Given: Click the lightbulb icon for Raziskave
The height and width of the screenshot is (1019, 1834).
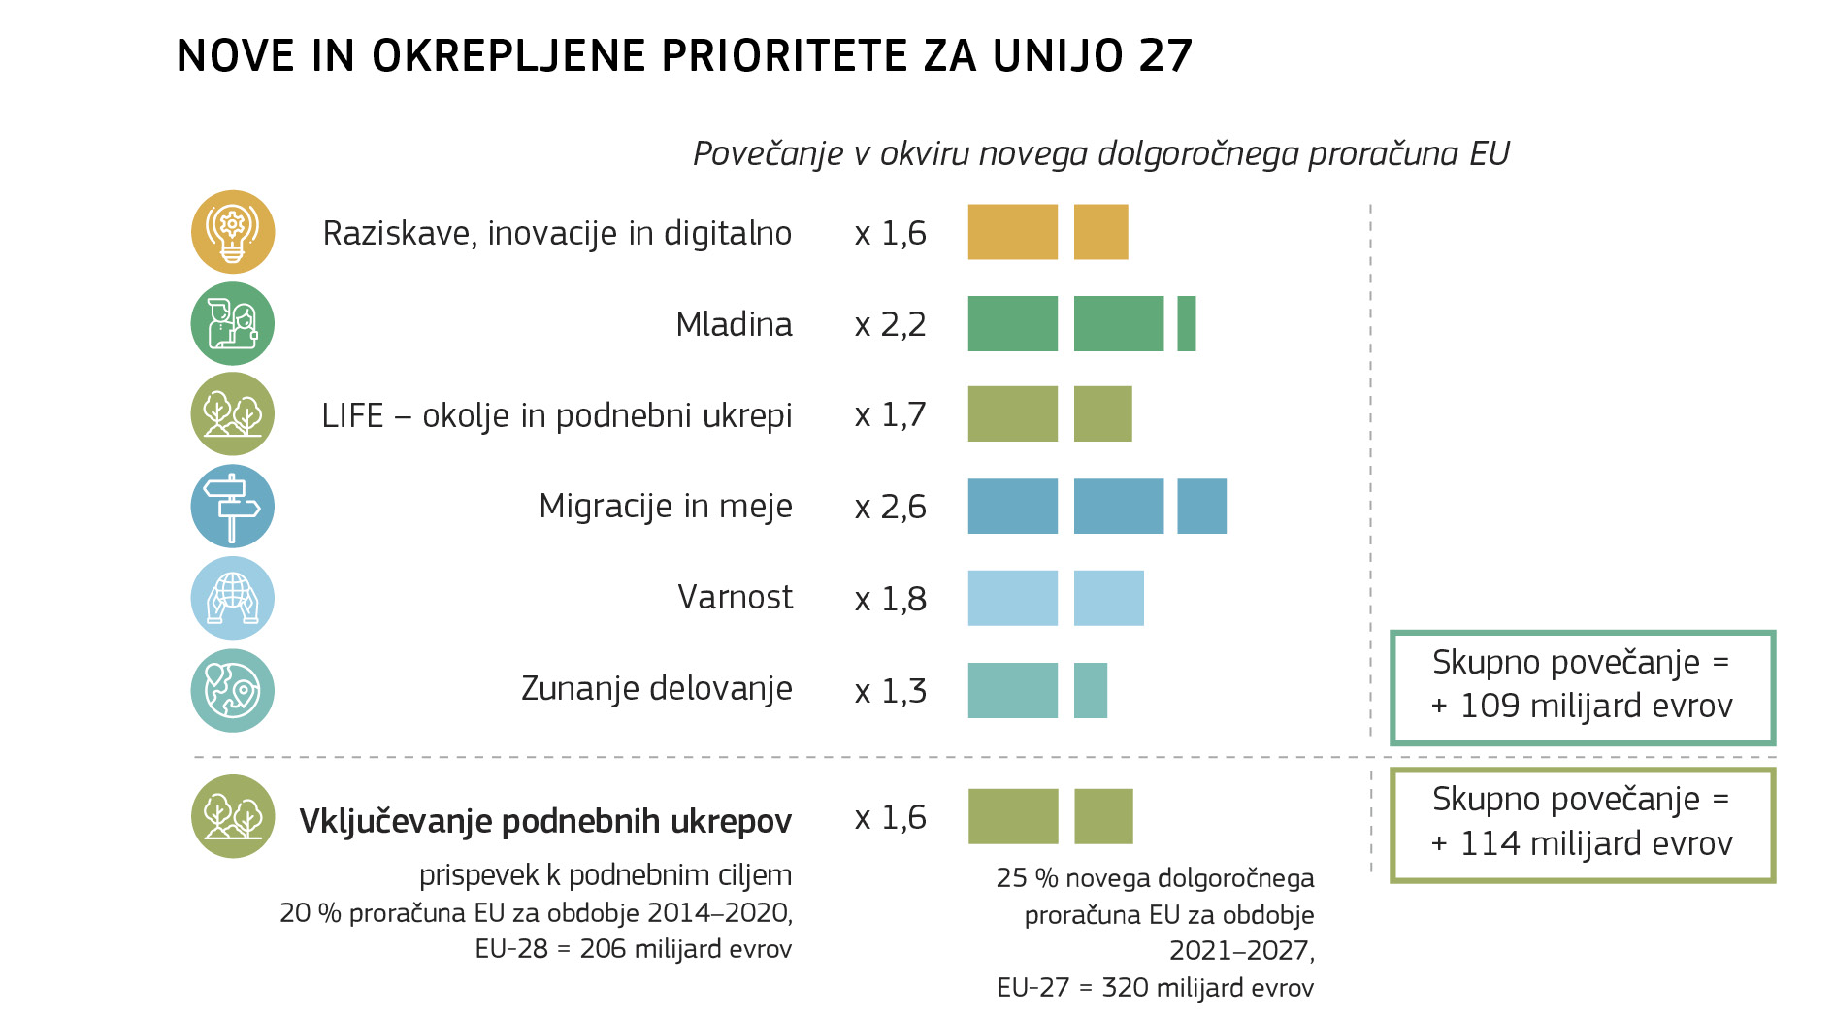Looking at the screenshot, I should (232, 232).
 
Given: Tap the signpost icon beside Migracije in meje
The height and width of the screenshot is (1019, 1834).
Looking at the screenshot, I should (232, 506).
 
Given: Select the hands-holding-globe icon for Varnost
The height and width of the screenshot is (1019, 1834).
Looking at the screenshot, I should (232, 598).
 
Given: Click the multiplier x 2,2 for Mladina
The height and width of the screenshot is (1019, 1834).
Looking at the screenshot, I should (890, 324).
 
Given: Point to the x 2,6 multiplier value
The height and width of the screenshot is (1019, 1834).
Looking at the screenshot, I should (890, 507).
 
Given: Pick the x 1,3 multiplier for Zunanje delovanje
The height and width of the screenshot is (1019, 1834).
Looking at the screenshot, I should (890, 691).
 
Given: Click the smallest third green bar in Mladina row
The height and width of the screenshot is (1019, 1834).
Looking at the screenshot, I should (1186, 324).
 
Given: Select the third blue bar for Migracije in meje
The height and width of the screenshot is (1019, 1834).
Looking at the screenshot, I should (1201, 506).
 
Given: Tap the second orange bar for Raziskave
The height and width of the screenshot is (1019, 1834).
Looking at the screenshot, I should (1100, 232).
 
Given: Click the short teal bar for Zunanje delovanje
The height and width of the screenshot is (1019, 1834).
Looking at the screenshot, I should (1090, 690).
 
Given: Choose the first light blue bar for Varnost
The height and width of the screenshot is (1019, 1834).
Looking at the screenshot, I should (1012, 598).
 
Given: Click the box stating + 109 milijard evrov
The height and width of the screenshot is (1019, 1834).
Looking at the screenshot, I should (1582, 687).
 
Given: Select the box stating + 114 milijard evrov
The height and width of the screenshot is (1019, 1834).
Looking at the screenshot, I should (1582, 825).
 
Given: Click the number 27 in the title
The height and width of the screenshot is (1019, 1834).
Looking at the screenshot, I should (1164, 56).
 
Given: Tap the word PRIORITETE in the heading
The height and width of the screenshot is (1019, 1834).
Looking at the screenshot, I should (785, 56).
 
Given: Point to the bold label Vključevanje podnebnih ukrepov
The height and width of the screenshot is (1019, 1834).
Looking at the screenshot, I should (544, 821).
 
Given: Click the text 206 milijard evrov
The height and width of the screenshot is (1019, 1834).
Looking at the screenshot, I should (685, 949).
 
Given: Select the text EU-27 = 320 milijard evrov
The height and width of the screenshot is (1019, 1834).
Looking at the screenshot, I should (1155, 988).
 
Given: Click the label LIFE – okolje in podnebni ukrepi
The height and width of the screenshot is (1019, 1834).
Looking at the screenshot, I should (556, 415).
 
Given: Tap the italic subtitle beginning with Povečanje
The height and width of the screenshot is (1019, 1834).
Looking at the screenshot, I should (1100, 153).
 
